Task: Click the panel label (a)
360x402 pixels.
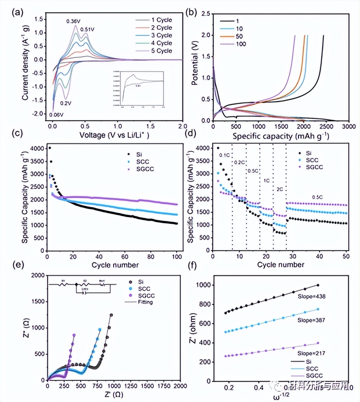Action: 18,11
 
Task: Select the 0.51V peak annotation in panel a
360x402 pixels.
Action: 87,29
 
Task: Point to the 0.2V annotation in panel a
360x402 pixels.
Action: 66,104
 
